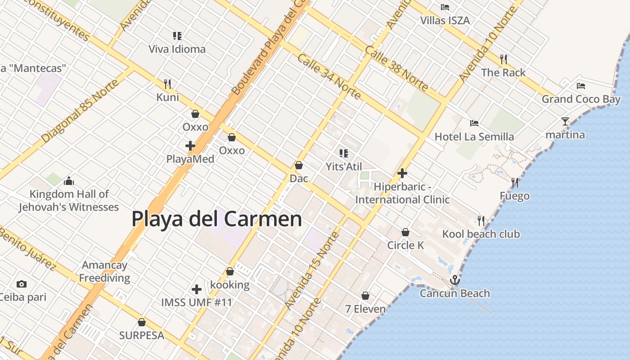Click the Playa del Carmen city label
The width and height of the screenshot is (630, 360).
(216, 219)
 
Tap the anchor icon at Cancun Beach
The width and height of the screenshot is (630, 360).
(455, 280)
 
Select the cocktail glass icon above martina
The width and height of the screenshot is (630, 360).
(565, 121)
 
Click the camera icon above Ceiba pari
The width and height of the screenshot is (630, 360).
(21, 284)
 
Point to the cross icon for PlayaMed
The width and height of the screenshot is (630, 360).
(190, 145)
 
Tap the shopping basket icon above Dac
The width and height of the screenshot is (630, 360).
(298, 165)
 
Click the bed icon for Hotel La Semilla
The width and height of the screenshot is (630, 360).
(474, 123)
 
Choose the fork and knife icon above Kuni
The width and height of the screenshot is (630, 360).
(167, 84)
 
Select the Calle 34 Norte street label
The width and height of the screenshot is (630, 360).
(329, 77)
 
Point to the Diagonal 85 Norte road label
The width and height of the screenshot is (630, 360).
(80, 111)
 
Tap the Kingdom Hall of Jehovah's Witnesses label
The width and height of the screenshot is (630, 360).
(69, 201)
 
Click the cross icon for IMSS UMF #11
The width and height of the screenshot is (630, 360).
(196, 289)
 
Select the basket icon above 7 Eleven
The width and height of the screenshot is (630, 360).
(365, 296)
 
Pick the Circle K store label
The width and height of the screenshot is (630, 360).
(405, 245)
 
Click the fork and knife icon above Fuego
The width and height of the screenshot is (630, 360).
(515, 182)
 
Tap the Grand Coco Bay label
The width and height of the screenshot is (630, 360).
(580, 99)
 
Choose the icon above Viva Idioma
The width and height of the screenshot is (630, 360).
(177, 36)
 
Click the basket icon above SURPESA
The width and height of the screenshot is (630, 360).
(142, 322)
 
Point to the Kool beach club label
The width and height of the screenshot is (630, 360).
(481, 234)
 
